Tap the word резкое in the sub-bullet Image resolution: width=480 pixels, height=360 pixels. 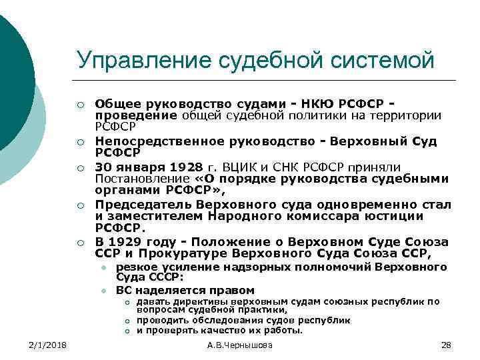[x=135, y=267]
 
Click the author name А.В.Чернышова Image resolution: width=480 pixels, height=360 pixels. [x=240, y=345]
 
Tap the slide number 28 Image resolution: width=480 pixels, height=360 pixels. [x=446, y=345]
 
